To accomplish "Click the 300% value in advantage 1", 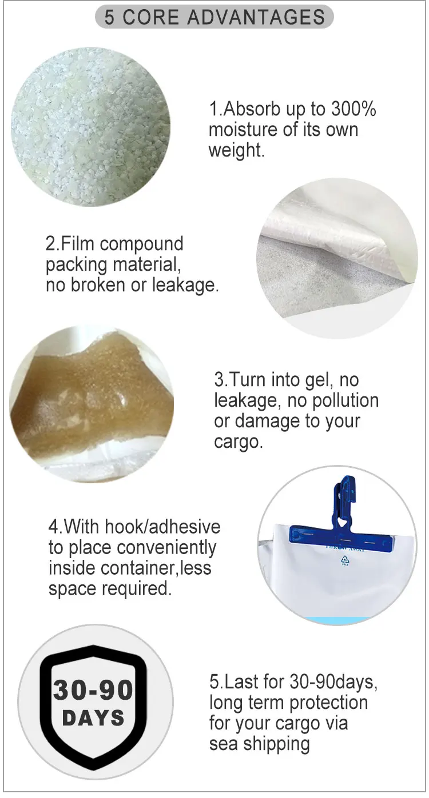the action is point(353,109).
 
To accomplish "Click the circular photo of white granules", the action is point(90,127).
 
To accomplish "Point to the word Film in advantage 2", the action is point(78,244).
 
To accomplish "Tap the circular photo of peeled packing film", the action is point(337,258).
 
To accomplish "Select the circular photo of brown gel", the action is point(92,404).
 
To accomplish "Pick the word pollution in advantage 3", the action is point(345,401).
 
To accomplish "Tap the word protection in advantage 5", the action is point(328,703).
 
